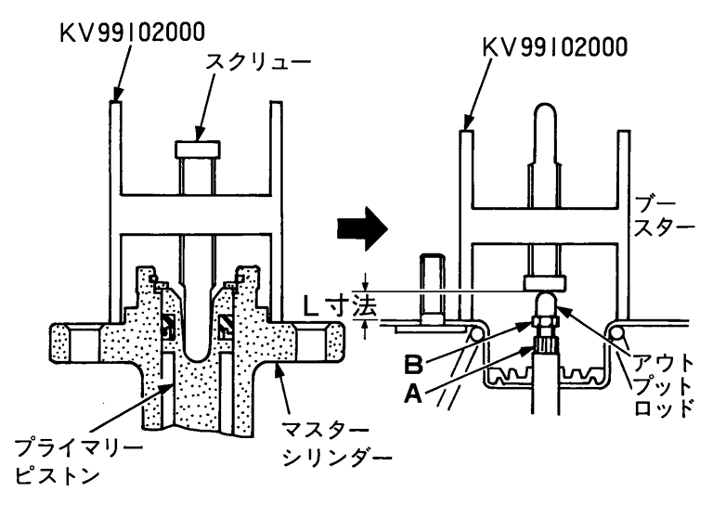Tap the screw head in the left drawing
click(x=197, y=149)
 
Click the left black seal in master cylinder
click(x=168, y=326)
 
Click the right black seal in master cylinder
click(x=226, y=326)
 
